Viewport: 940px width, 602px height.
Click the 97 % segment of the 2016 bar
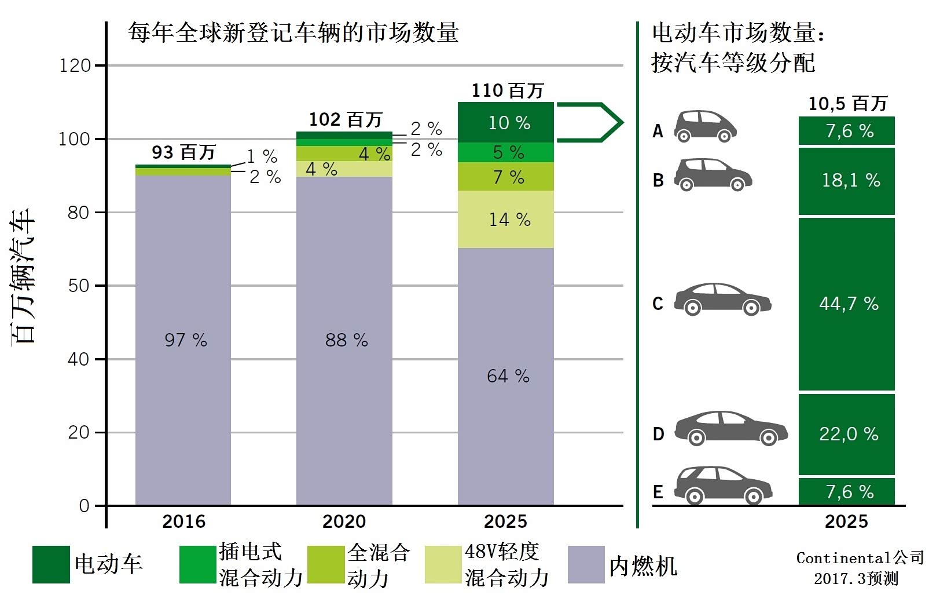pos(183,340)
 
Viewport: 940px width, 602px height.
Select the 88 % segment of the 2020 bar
pos(344,340)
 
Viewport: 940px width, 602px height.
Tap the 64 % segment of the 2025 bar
pos(506,375)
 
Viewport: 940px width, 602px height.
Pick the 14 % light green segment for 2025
pos(506,220)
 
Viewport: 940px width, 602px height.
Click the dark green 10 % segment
pos(506,122)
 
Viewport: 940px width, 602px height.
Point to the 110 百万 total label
pos(508,90)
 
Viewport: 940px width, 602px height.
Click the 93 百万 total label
pos(183,152)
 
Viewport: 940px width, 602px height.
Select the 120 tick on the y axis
pos(75,65)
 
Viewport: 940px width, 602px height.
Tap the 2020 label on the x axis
pos(344,521)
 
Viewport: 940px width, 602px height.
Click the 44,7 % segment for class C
pos(847,304)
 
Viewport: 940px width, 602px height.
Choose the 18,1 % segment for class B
pos(847,181)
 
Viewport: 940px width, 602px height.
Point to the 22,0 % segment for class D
pos(847,434)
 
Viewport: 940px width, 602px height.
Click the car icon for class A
pos(704,126)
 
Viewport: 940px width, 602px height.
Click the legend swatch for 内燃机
pos(586,564)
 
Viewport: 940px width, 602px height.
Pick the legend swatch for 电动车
pos(51,564)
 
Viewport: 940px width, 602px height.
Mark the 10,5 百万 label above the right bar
pos(847,104)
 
